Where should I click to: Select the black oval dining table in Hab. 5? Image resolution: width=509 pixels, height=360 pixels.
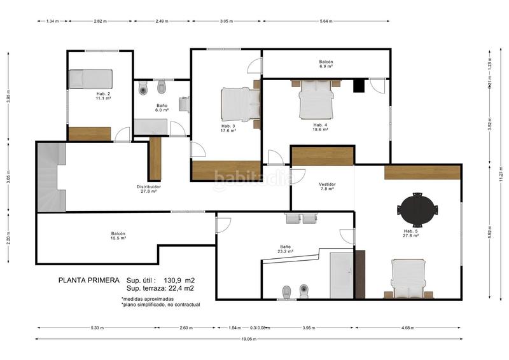point(417,209)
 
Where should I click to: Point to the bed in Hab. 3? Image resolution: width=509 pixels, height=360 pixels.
point(241,104)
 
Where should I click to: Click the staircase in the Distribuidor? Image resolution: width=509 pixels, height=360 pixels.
point(48,177)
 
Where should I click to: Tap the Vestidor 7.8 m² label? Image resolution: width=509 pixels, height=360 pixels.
point(327,186)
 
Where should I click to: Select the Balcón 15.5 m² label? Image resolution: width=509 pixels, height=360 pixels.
point(118,236)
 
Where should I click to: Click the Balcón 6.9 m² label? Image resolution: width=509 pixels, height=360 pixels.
point(326,64)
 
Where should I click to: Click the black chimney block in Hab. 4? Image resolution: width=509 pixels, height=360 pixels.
point(359,86)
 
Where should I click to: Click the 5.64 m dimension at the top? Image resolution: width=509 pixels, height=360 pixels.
point(325,21)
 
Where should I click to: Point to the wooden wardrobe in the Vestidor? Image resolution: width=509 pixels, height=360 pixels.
point(322,156)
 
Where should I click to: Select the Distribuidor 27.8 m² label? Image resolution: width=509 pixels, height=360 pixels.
point(149,189)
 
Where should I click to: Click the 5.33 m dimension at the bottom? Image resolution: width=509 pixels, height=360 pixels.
point(97,328)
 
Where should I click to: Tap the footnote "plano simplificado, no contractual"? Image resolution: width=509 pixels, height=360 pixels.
point(160,305)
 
